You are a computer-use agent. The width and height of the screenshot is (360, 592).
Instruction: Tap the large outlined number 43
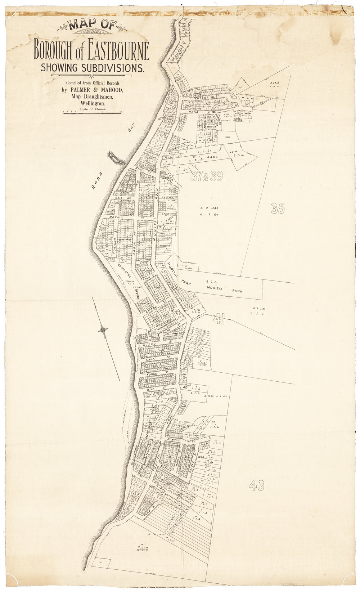(256, 486)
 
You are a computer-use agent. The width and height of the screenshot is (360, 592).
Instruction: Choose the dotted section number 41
(219, 319)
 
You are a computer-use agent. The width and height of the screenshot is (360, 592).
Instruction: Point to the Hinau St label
(148, 345)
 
